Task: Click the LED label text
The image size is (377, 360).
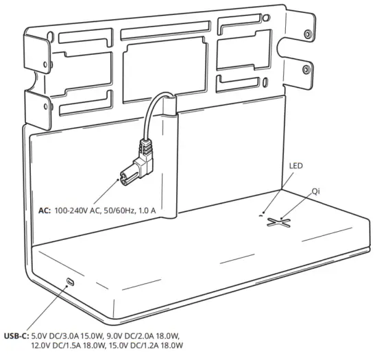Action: pos(295,167)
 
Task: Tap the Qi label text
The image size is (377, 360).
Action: pos(316,190)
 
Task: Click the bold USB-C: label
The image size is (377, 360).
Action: pos(16,335)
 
